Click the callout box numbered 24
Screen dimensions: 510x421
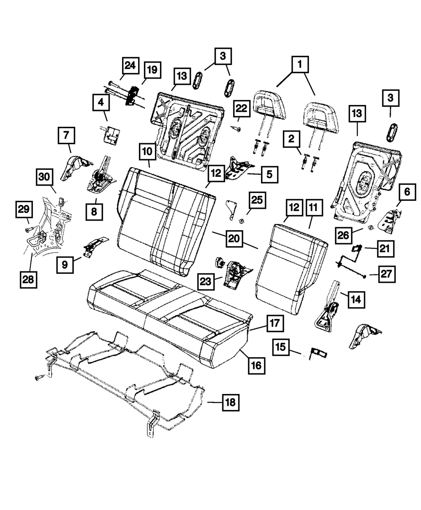(x=131, y=66)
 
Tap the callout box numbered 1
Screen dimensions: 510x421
(x=299, y=65)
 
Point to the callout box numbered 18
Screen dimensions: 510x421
(x=230, y=402)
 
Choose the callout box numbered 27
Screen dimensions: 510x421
(x=386, y=274)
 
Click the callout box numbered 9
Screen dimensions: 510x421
(x=65, y=264)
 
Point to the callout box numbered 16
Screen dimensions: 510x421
(x=256, y=365)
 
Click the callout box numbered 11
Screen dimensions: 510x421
(x=313, y=208)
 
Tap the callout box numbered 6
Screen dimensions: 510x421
(x=407, y=192)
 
